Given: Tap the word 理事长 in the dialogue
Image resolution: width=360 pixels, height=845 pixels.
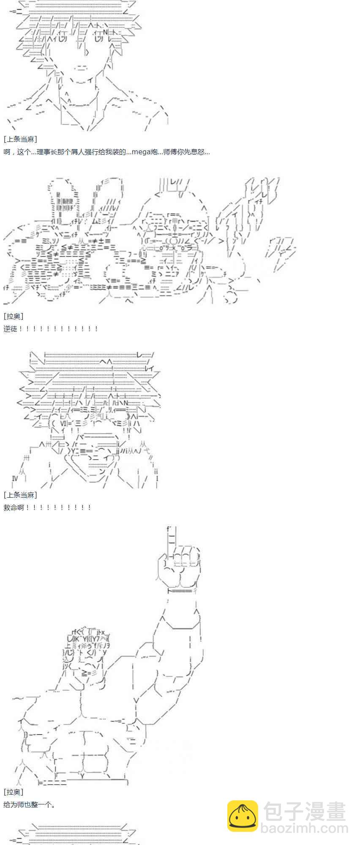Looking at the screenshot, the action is click(46, 152).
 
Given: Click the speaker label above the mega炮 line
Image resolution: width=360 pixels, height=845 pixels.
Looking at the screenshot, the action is click(20, 139).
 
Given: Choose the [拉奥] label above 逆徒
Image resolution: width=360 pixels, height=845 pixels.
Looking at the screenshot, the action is click(14, 316).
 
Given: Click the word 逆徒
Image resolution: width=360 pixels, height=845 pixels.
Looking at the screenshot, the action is click(10, 329).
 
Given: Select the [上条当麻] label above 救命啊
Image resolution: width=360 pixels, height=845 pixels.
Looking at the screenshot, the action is click(20, 495).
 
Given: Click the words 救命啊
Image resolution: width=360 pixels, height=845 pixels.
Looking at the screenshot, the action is click(14, 507).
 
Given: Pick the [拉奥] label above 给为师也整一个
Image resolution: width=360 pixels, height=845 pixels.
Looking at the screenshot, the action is click(14, 792).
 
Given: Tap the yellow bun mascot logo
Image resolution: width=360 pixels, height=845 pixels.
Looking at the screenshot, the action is click(243, 816).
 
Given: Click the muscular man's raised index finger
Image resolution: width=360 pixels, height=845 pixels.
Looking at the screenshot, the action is click(171, 541).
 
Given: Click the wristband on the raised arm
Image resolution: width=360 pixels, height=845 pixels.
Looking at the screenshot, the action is click(182, 591).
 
